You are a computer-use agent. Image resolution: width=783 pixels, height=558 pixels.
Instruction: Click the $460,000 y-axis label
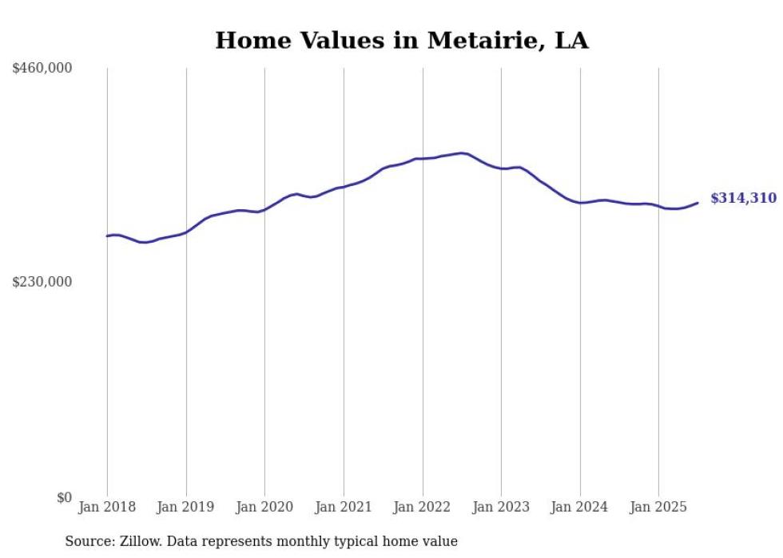click(42, 69)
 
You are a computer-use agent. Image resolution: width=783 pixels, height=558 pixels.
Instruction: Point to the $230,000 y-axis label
click(42, 282)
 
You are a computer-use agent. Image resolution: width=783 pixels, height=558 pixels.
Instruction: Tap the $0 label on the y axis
click(64, 497)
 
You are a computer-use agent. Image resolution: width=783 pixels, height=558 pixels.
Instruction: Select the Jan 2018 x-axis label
click(107, 507)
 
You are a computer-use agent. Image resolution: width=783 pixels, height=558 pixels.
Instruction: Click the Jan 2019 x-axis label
click(186, 507)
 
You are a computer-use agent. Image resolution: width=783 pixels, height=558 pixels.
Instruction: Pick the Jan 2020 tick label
click(264, 507)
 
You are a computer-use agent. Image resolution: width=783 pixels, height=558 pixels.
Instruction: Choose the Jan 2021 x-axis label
click(344, 507)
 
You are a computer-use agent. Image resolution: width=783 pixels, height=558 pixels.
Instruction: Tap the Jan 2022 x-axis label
click(423, 507)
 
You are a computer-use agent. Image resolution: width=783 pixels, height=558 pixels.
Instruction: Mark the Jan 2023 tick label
click(501, 507)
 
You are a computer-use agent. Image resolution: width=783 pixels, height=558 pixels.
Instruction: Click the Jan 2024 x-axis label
click(580, 507)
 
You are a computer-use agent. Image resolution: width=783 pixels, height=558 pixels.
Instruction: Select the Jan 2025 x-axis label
click(658, 507)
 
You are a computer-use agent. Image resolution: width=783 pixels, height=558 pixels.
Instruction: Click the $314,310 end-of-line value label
click(743, 199)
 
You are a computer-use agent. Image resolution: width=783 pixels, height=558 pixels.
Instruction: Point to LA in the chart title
click(571, 41)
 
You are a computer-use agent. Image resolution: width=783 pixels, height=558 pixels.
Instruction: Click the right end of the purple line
click(698, 203)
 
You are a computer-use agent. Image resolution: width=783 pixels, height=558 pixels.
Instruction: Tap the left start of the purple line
click(107, 235)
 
